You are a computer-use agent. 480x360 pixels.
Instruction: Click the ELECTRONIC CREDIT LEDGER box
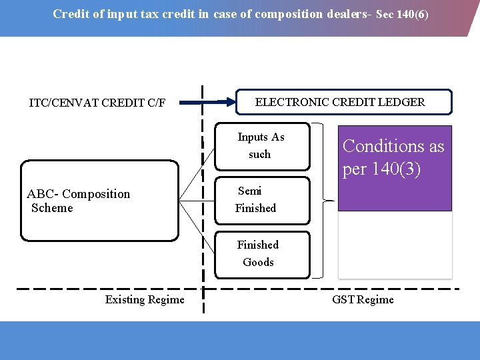tap(345, 102)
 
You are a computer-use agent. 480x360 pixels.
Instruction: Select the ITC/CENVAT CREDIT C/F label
tap(97, 103)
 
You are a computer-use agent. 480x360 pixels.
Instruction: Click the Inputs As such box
tap(262, 145)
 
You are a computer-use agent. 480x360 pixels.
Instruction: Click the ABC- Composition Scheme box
tap(100, 201)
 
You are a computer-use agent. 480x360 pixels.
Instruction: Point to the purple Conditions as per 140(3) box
tap(395, 168)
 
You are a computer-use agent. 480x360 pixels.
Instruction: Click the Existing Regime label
tap(145, 299)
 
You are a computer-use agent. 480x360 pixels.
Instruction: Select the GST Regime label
tap(363, 299)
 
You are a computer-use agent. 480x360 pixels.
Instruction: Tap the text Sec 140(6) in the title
tap(402, 14)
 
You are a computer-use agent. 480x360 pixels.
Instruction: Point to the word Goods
tap(258, 262)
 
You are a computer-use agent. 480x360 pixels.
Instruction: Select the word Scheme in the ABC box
tap(52, 208)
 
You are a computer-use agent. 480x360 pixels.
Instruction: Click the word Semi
tap(250, 191)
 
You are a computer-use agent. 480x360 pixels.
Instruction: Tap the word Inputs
tap(253, 137)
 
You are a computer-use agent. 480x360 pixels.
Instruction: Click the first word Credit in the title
tap(70, 14)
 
